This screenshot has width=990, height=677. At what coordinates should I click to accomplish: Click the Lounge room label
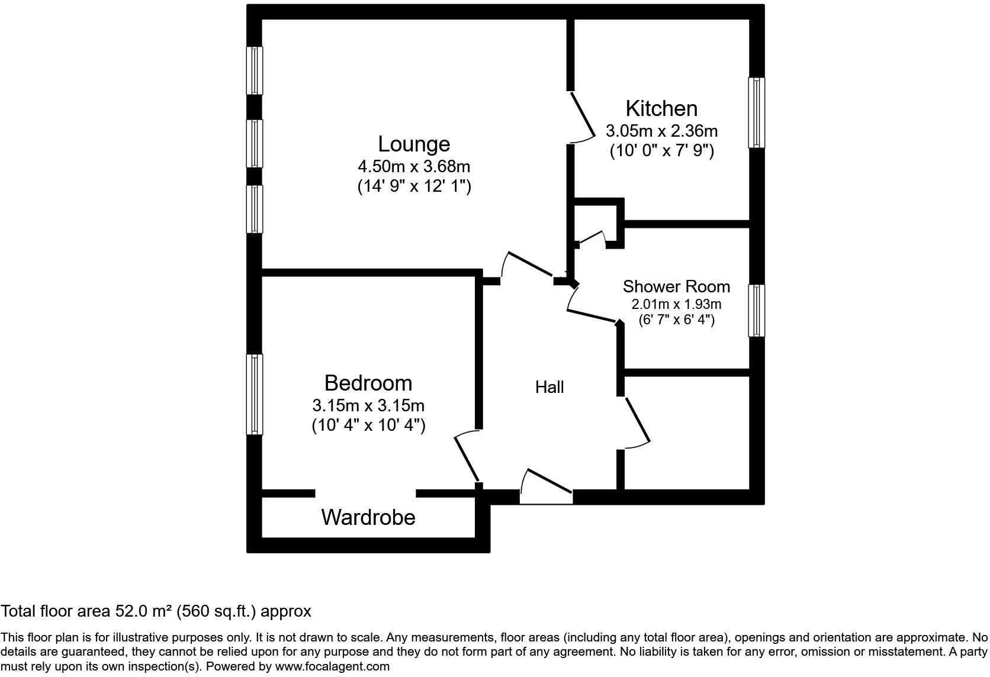pyautogui.click(x=414, y=144)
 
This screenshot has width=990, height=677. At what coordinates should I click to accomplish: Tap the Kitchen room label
pyautogui.click(x=661, y=108)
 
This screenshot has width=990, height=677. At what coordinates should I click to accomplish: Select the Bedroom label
pyautogui.click(x=368, y=383)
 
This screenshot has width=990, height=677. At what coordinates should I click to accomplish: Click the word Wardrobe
pyautogui.click(x=368, y=517)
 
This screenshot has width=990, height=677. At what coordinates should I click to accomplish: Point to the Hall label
pyautogui.click(x=549, y=387)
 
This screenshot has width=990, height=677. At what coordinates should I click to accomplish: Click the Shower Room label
pyautogui.click(x=676, y=286)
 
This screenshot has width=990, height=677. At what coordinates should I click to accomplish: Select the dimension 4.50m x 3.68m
pyautogui.click(x=414, y=166)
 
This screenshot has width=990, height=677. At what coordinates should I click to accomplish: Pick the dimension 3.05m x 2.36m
pyautogui.click(x=661, y=130)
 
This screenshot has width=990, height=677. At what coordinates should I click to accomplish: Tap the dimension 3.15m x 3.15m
pyautogui.click(x=368, y=405)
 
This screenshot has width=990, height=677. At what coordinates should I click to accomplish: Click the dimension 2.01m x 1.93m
pyautogui.click(x=676, y=304)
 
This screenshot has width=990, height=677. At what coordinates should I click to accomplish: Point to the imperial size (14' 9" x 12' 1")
pyautogui.click(x=414, y=186)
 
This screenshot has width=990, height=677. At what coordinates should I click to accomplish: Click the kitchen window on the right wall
pyautogui.click(x=757, y=112)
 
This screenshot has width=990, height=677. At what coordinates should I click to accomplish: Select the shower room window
pyautogui.click(x=757, y=311)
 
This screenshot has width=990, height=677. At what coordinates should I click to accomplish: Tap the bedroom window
pyautogui.click(x=255, y=394)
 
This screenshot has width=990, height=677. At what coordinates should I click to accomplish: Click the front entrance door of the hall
pyautogui.click(x=547, y=486)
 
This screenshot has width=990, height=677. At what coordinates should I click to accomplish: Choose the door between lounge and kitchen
pyautogui.click(x=581, y=116)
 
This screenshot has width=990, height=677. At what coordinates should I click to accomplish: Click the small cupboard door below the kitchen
pyautogui.click(x=590, y=238)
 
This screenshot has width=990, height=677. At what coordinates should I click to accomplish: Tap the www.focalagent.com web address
pyautogui.click(x=333, y=666)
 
